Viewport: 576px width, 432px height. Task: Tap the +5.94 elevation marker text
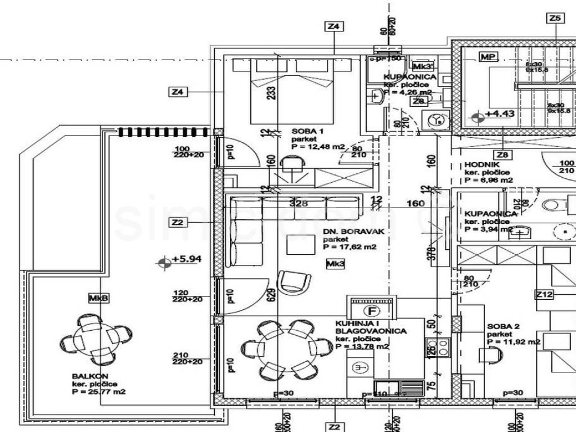[186, 259]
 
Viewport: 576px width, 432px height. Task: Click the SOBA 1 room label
[307, 132]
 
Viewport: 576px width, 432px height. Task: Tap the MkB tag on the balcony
[98, 298]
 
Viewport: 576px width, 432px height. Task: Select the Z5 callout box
[555, 19]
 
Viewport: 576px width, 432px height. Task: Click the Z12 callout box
[544, 294]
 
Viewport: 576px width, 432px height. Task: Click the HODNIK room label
[479, 164]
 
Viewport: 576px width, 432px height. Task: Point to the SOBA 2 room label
[500, 326]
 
